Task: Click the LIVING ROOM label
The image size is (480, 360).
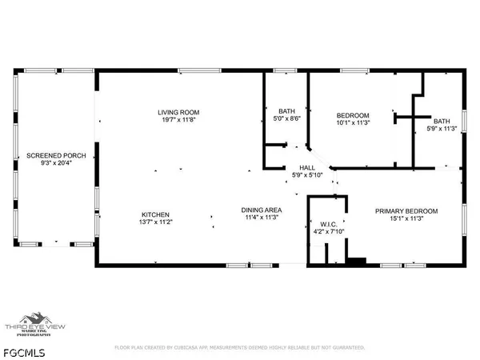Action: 178,111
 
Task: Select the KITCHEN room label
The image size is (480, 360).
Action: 155,214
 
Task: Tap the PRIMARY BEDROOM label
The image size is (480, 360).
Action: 407,210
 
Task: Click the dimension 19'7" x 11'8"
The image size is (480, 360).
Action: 178,120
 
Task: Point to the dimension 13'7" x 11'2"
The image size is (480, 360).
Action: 155,223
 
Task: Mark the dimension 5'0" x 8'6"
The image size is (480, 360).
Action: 287,119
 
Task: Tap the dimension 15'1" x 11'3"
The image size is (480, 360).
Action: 407,219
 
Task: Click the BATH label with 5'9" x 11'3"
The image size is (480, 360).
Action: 442,122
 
